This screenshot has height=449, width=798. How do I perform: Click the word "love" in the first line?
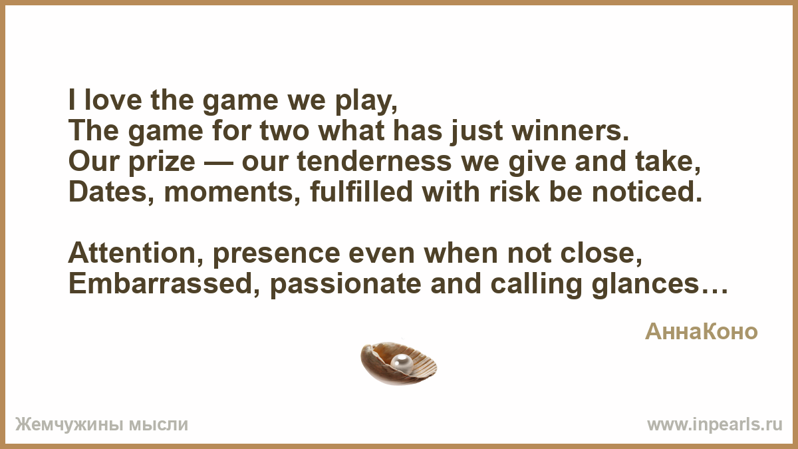point(113,100)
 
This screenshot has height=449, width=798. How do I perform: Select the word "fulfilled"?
point(361,192)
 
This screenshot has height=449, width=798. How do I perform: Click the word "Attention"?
point(132,253)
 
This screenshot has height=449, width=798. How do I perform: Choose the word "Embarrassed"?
point(160,284)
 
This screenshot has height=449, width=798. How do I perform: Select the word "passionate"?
point(346,286)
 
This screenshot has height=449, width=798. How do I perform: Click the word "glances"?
point(646,286)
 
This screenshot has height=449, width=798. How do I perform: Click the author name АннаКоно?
point(701,332)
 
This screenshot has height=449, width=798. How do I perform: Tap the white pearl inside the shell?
point(402,365)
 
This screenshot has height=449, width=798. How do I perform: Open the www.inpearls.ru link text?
point(715,425)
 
